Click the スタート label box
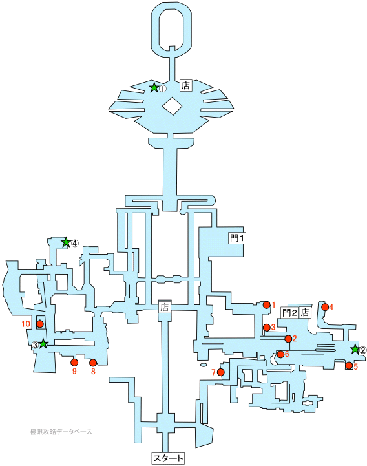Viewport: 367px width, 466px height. pos(168,458)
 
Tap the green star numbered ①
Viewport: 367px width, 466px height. pos(154,87)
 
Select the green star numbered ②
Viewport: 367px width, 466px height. pos(355,349)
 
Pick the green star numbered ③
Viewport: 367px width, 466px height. pos(43,344)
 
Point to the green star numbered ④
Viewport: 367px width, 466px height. pos(66,242)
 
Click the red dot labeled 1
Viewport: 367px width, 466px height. pos(267,305)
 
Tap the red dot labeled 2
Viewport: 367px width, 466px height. pos(288,339)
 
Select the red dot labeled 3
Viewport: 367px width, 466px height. pos(267,328)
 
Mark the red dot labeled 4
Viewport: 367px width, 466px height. pos(325,307)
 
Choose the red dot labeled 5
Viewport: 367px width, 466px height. pos(349,366)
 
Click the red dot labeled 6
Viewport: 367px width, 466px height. pos(280,354)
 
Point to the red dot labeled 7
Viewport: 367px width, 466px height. pos(221,372)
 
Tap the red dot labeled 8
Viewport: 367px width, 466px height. pos(93,363)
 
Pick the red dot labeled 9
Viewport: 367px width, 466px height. pos(74,363)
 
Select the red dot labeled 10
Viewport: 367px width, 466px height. pos(39,324)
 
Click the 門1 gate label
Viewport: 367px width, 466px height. pos(237,238)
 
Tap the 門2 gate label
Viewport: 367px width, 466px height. pos(289,313)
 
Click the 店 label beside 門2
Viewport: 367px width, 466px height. pos(305,313)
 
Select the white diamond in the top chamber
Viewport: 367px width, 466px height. pos(172,106)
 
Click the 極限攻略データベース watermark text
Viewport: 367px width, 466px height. pos(61,432)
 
